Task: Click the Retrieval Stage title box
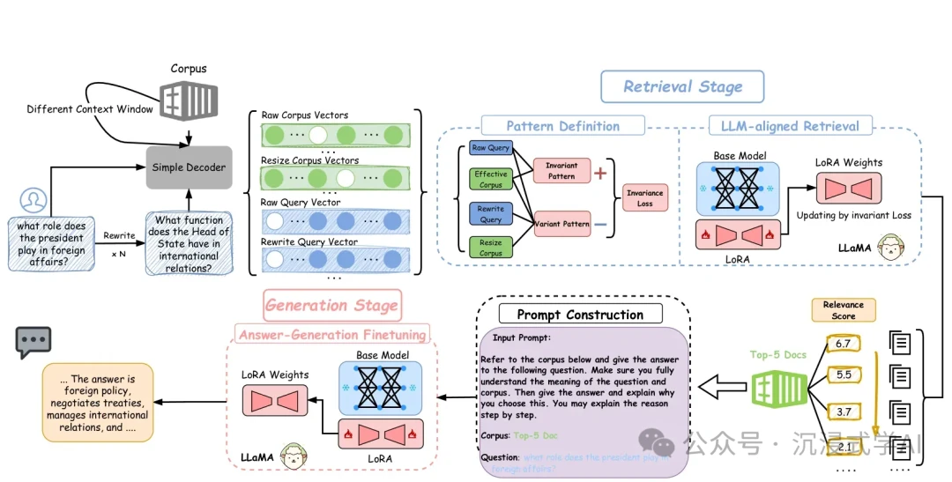(x=682, y=86)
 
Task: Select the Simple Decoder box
(x=189, y=167)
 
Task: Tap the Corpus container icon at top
(x=187, y=99)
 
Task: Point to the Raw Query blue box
(x=491, y=149)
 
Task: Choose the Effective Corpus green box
(x=491, y=180)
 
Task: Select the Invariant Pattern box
(x=562, y=171)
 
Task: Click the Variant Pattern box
(x=562, y=224)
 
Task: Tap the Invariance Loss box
(x=645, y=197)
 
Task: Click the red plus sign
(x=600, y=173)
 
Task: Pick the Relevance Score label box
(x=844, y=310)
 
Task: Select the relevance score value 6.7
(x=843, y=343)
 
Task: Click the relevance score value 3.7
(x=843, y=412)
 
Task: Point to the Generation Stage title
(x=331, y=305)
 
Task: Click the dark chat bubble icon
(x=33, y=342)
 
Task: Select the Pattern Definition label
(x=562, y=126)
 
